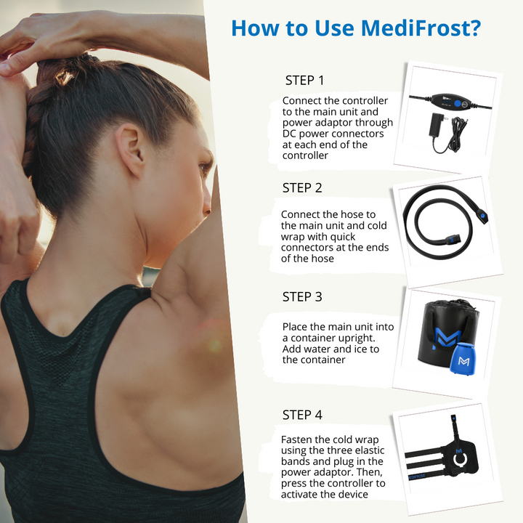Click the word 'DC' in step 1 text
click(x=290, y=134)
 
